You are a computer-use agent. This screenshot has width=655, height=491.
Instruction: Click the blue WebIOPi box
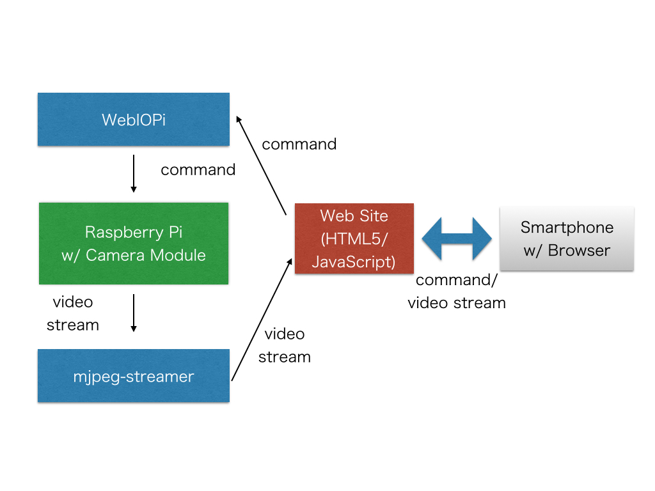[133, 120]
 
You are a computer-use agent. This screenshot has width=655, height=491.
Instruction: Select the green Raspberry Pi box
[133, 244]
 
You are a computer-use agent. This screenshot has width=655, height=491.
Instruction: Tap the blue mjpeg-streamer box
[133, 376]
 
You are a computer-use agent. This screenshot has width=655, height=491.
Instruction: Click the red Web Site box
[354, 238]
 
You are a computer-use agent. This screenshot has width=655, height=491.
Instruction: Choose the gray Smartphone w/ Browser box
[566, 238]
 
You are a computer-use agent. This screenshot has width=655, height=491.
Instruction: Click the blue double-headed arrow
[457, 238]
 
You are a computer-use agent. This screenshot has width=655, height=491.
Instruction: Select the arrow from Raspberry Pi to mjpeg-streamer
[134, 313]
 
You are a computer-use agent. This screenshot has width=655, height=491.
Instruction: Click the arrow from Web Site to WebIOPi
[261, 166]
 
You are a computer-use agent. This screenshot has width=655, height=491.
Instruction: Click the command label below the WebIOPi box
[198, 170]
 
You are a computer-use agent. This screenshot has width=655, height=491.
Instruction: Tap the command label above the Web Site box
[299, 144]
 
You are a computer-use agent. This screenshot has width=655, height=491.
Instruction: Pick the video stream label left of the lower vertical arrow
[72, 313]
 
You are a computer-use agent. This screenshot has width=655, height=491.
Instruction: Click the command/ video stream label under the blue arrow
[457, 292]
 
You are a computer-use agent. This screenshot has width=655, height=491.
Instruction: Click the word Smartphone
[567, 228]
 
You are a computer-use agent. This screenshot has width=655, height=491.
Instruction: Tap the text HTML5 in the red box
[351, 239]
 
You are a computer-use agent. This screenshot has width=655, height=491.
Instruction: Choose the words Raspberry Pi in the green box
[133, 231]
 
